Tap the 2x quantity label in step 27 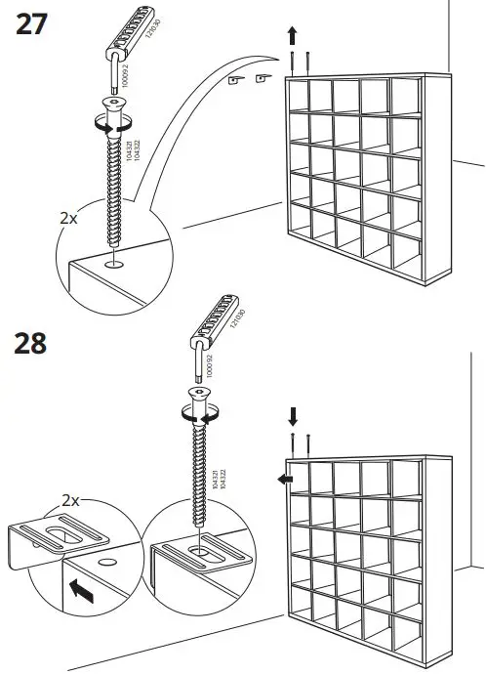67,218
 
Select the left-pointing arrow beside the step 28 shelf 282,479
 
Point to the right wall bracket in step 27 262,79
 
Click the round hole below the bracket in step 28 105,566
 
